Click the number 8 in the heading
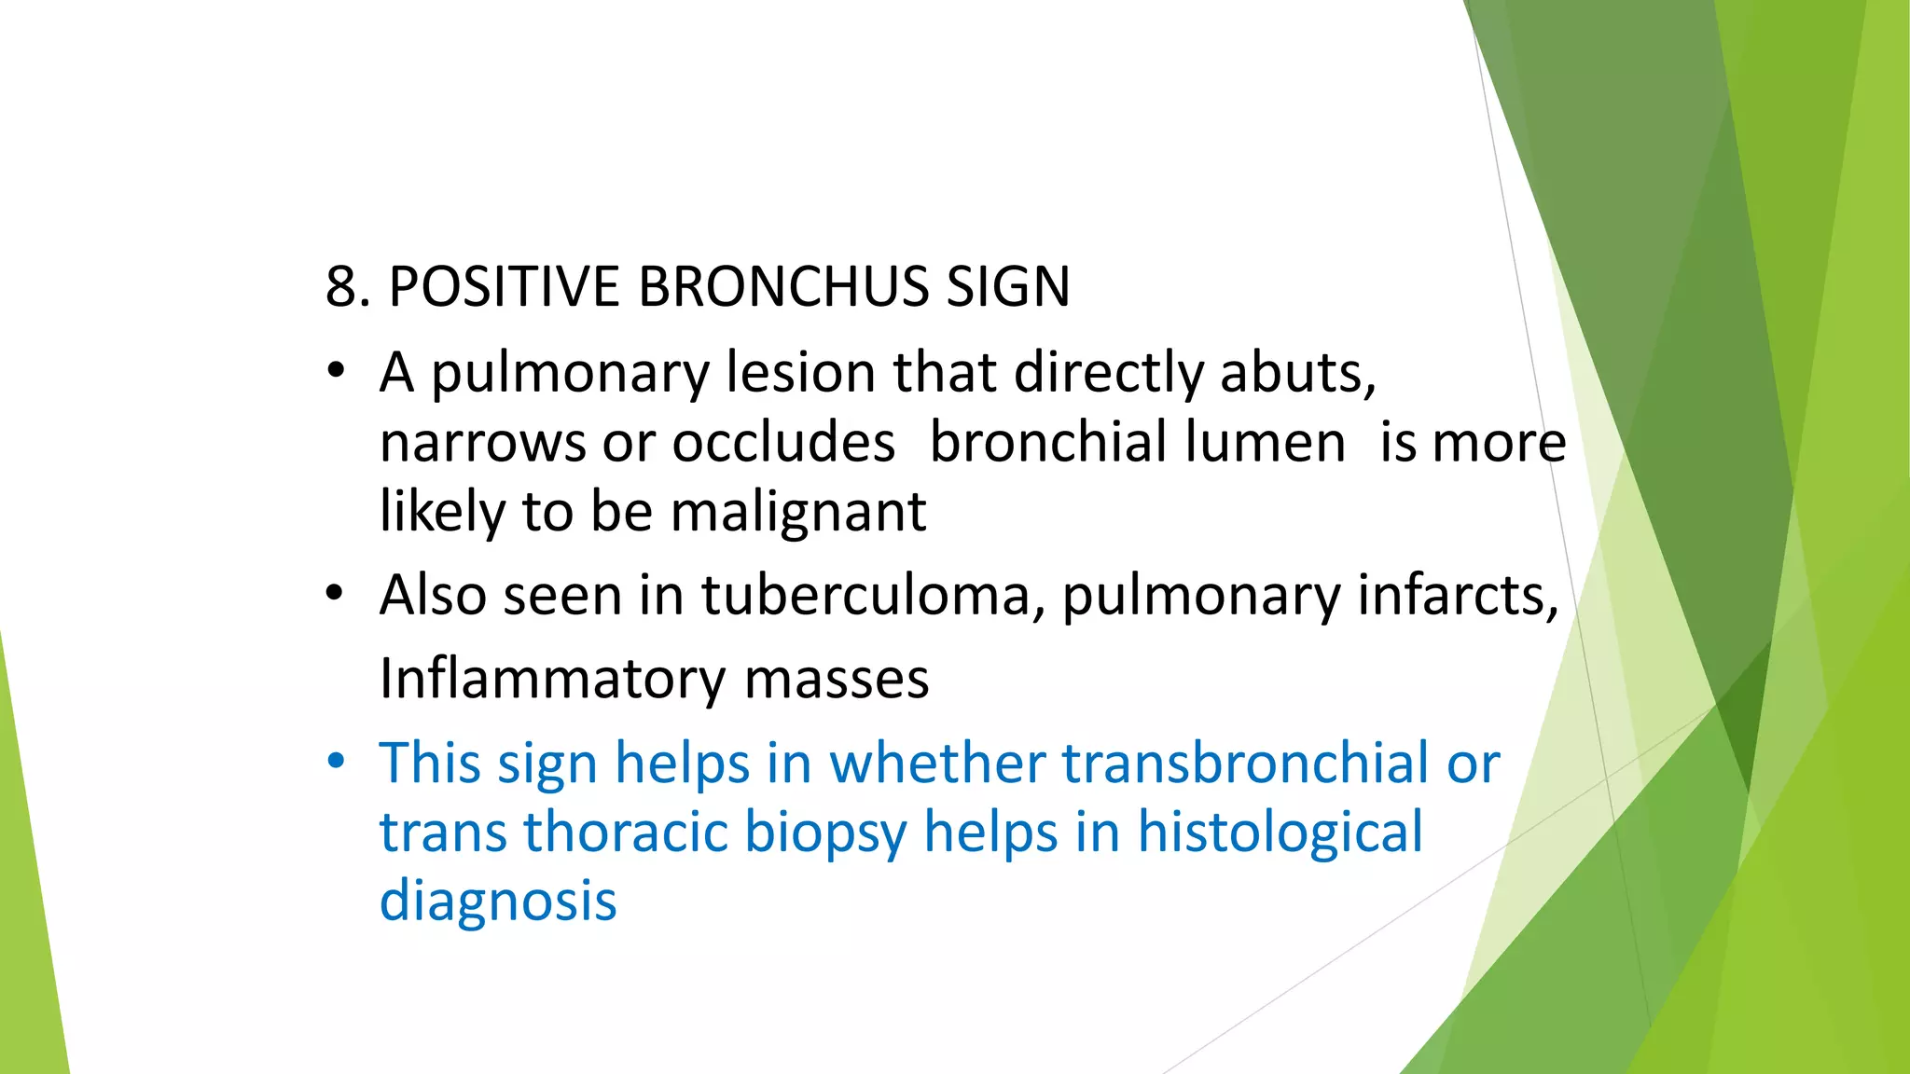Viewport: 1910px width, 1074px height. [341, 286]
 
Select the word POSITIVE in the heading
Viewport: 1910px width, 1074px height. [504, 286]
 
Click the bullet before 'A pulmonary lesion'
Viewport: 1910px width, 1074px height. [336, 373]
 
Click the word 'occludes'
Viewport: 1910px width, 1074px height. [783, 442]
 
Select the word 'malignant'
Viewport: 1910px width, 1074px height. [798, 513]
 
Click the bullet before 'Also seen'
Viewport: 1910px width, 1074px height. [336, 594]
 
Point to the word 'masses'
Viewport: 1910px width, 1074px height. [837, 679]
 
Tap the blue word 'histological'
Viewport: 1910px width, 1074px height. [1280, 832]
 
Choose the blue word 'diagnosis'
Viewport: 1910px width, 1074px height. [498, 901]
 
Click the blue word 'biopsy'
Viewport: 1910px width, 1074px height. [825, 833]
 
